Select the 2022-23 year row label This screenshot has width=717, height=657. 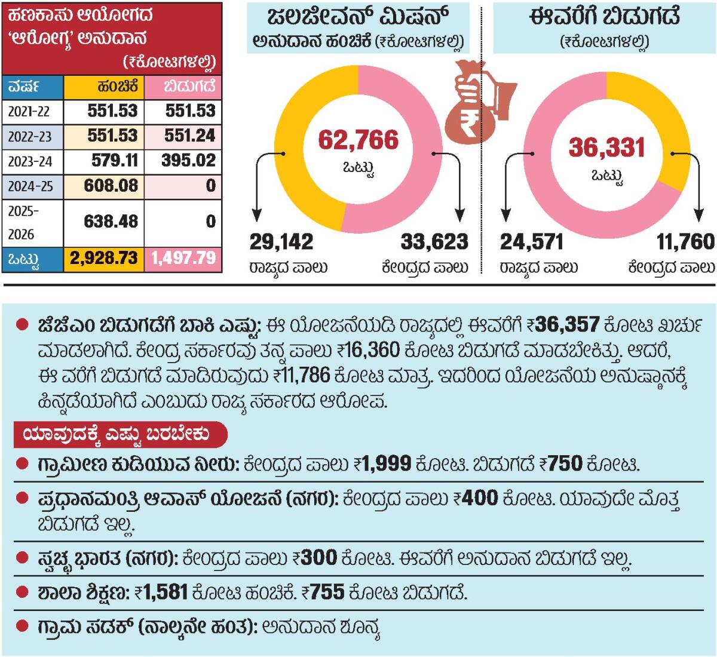coord(30,136)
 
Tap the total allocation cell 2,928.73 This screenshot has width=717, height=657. coord(104,258)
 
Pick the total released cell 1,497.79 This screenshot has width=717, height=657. coord(183,258)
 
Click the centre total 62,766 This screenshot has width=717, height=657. coord(358,140)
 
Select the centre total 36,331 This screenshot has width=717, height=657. coord(606,148)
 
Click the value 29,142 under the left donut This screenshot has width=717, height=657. coord(281,242)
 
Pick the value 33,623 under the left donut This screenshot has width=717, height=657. coord(434,242)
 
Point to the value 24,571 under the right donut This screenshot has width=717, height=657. coord(531,242)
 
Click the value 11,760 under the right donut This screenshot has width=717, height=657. coord(685,242)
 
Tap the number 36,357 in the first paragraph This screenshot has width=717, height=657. coord(568,325)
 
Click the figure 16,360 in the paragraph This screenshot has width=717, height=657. coord(369,350)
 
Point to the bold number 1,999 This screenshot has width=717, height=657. coord(387,463)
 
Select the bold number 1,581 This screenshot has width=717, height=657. coord(166,592)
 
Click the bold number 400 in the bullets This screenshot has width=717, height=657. coord(480,498)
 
